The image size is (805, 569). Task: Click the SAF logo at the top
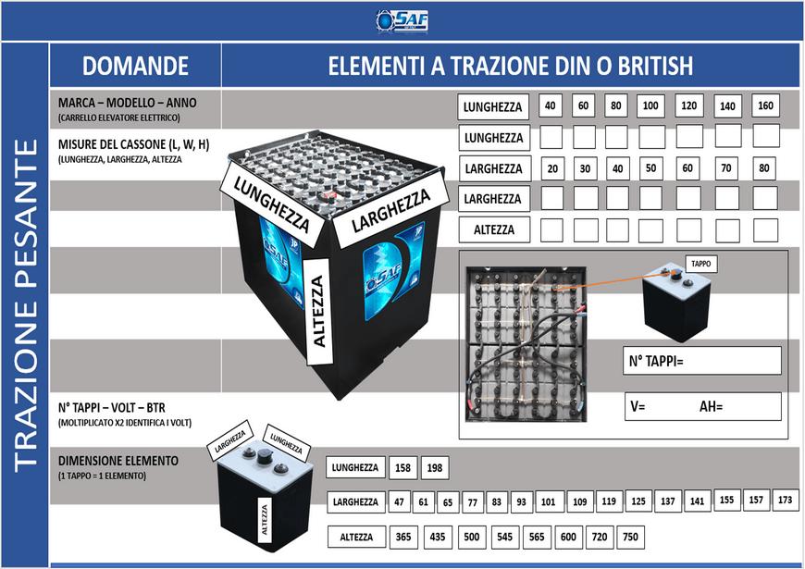[402, 20]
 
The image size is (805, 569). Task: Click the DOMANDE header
[135, 66]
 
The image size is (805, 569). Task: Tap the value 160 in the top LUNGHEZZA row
[765, 106]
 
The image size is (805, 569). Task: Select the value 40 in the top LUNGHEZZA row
[551, 106]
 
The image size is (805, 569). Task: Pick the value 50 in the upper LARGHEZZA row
[650, 168]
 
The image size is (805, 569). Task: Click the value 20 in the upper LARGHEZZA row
[552, 168]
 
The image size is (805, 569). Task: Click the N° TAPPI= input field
[700, 360]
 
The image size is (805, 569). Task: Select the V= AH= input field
[700, 406]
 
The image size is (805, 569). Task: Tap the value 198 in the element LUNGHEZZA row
[435, 469]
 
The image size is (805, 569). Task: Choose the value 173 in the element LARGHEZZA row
[786, 501]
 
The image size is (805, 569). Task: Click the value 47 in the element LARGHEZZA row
[400, 502]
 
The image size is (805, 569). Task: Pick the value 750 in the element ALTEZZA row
[630, 538]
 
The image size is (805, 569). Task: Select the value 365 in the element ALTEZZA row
[403, 538]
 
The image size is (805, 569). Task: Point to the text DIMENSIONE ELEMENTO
[118, 460]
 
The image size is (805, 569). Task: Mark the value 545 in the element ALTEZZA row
[504, 538]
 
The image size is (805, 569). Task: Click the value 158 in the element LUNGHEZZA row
[402, 469]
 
